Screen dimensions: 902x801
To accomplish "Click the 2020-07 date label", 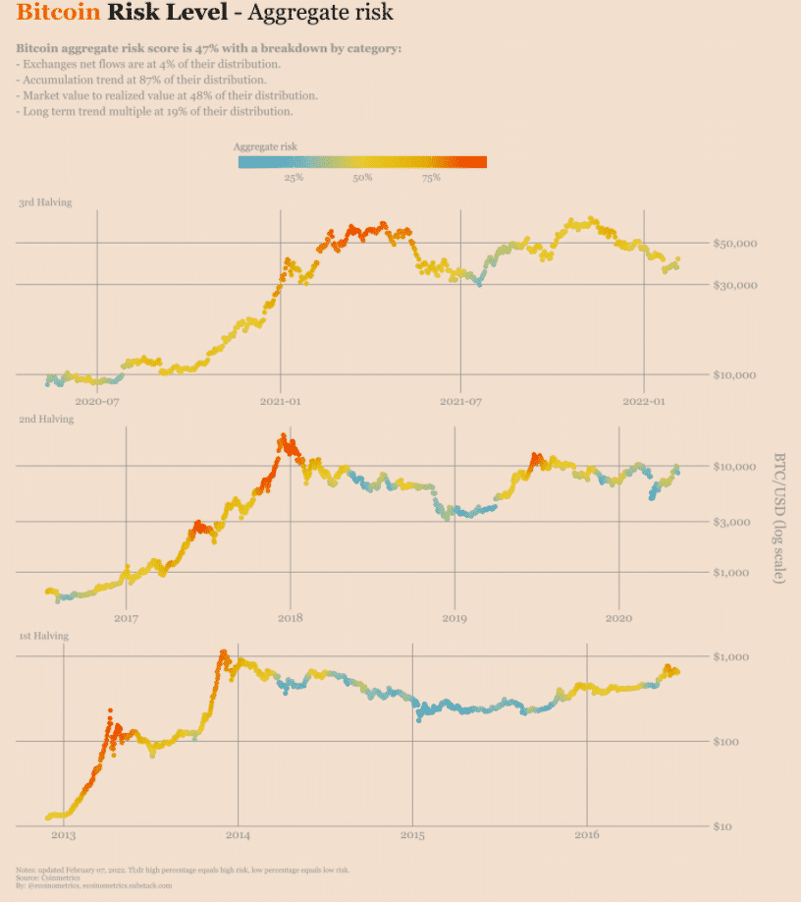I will click(97, 401).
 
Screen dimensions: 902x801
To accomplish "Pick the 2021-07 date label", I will click(462, 401).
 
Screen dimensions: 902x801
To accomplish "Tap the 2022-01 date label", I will click(644, 401).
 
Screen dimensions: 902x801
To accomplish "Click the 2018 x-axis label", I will click(291, 618).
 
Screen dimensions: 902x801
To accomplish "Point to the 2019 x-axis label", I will click(454, 618).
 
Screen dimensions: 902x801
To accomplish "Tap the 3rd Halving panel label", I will click(45, 202).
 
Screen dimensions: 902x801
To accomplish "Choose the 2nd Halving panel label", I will click(45, 420).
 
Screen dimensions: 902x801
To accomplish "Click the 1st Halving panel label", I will click(45, 637).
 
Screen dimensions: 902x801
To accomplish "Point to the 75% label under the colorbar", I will click(430, 178).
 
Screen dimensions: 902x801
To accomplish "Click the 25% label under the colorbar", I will click(293, 178).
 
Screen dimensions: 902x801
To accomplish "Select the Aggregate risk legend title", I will click(266, 145).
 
